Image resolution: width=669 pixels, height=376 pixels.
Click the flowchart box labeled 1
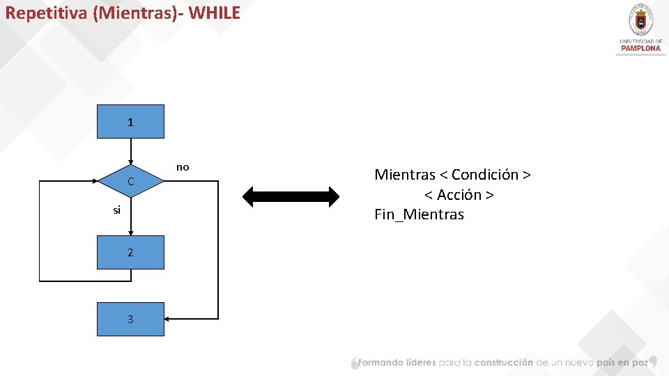tap(130, 122)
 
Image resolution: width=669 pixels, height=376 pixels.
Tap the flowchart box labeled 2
tap(130, 252)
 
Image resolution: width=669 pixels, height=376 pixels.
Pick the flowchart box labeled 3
tap(130, 319)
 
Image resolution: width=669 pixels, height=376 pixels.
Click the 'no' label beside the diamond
tap(183, 167)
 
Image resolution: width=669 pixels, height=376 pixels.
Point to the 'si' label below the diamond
tap(117, 210)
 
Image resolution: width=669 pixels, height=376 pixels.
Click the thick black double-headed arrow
tap(290, 196)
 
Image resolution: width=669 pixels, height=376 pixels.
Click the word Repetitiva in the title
tap(46, 13)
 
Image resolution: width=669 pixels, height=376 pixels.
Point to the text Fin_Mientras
tap(419, 214)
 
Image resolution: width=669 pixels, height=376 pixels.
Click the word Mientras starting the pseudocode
tap(404, 174)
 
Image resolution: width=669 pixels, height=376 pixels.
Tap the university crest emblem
tap(640, 20)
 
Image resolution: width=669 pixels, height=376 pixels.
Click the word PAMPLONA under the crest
tap(640, 48)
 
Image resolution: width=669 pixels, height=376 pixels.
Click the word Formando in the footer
tap(381, 363)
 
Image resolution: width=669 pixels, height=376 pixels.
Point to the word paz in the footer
tap(639, 363)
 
